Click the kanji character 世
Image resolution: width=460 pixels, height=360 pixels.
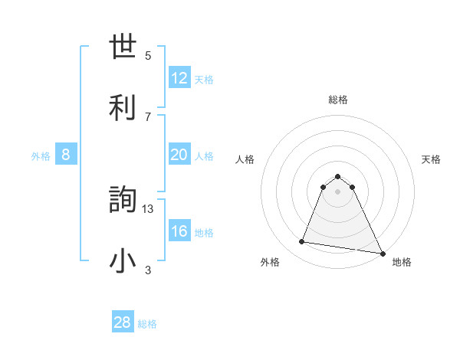123,47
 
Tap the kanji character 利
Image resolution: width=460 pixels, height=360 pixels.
123,108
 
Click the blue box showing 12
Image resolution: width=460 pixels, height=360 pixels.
179,78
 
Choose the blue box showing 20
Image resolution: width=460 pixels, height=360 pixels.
179,155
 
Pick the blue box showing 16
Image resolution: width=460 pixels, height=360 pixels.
179,231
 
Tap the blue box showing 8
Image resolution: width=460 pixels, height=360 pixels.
66,155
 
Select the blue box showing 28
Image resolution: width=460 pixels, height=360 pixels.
123,322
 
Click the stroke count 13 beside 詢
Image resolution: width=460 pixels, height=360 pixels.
148,208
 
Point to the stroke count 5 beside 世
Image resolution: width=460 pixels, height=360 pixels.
148,55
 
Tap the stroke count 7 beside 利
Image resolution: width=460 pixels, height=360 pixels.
148,116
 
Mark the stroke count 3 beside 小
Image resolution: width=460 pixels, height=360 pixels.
148,270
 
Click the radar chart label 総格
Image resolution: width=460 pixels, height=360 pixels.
338,100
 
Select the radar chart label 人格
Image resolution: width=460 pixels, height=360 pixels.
245,159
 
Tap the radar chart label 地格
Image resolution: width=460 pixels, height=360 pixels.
402,262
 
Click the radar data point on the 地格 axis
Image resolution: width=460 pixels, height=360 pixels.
381,252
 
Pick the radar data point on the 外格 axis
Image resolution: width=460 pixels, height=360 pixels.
302,242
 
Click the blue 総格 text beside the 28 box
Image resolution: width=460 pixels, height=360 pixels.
147,324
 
